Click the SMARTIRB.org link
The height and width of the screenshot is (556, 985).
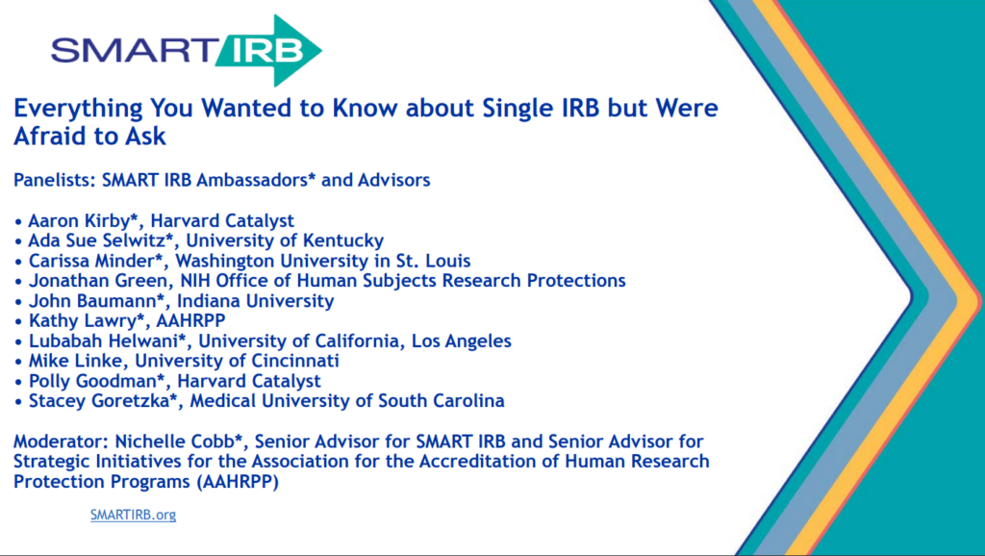[x=133, y=515]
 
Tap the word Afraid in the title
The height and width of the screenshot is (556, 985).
[x=47, y=137]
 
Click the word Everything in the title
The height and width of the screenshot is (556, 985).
[x=70, y=108]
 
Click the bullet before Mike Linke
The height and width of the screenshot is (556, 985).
[x=19, y=362]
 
